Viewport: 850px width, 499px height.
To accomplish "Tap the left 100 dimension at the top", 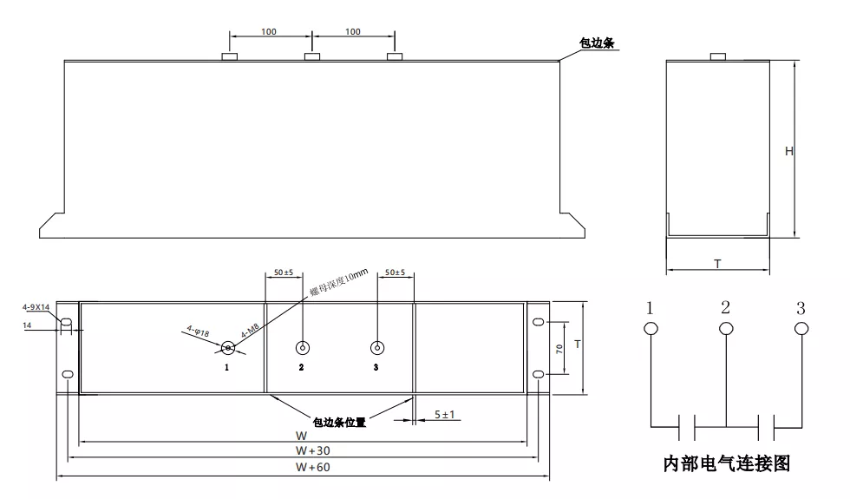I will pyautogui.click(x=269, y=32).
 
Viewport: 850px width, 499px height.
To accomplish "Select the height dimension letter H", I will pyautogui.click(x=789, y=151).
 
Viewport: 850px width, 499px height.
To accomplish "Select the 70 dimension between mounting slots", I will pyautogui.click(x=560, y=348).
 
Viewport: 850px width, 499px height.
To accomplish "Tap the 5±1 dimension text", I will pyautogui.click(x=445, y=415).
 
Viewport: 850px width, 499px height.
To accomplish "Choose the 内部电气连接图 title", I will pyautogui.click(x=727, y=464).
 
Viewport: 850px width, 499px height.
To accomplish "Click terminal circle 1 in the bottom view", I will pyautogui.click(x=227, y=348).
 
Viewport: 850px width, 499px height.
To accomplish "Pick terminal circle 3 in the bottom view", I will pyautogui.click(x=377, y=348).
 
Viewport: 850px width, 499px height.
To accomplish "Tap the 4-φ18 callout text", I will pyautogui.click(x=199, y=331).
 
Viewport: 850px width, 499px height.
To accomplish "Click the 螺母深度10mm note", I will pyautogui.click(x=339, y=284).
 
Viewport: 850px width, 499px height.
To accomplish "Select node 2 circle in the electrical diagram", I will pyautogui.click(x=726, y=328).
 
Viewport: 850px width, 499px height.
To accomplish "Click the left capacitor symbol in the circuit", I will pyautogui.click(x=687, y=426).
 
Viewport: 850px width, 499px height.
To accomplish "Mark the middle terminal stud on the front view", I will pyautogui.click(x=312, y=56).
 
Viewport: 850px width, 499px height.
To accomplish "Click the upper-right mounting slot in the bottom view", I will pyautogui.click(x=539, y=323).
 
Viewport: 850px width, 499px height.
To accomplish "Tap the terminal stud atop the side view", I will pyautogui.click(x=717, y=57).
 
